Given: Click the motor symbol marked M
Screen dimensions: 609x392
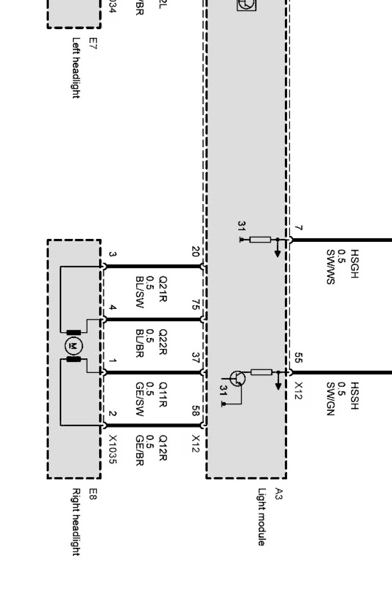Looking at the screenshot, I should pyautogui.click(x=74, y=346).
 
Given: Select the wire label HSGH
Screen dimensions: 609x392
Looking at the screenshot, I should pyautogui.click(x=355, y=263).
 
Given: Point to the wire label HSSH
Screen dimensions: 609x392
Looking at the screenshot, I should pyautogui.click(x=355, y=396).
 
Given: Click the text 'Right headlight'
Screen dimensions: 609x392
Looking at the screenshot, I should pyautogui.click(x=76, y=522).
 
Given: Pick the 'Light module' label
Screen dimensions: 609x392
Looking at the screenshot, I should pyautogui.click(x=261, y=517).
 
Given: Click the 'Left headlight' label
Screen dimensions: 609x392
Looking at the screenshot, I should pyautogui.click(x=76, y=68).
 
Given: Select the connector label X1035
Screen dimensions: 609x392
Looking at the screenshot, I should pyautogui.click(x=112, y=450).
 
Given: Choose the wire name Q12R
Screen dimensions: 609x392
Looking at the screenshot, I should pyautogui.click(x=163, y=448).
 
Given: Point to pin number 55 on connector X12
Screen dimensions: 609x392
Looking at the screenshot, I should pyautogui.click(x=298, y=358).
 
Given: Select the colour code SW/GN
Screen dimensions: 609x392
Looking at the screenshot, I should pyautogui.click(x=330, y=399).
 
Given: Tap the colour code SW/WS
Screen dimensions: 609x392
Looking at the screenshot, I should pyautogui.click(x=330, y=267).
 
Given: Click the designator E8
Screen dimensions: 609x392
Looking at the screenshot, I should pyautogui.click(x=92, y=494).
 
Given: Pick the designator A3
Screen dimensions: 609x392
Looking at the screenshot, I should pyautogui.click(x=278, y=494).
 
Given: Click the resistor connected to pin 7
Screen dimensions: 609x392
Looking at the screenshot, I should pyautogui.click(x=260, y=240).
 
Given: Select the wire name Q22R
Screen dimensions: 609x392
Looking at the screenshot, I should pyautogui.click(x=163, y=342).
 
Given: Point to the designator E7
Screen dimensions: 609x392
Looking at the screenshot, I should pyautogui.click(x=92, y=44).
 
